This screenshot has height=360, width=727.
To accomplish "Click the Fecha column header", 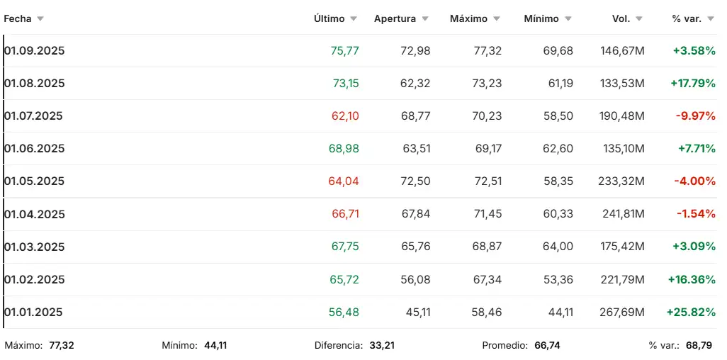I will coord(18,19).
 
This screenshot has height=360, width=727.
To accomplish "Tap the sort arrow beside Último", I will coord(354,19).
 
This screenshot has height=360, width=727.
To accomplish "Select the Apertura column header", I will coord(395,19).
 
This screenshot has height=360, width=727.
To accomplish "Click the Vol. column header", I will coord(621,19).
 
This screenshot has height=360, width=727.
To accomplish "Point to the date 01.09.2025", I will coord(35,51).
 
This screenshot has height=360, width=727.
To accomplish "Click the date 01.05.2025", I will coord(35,181).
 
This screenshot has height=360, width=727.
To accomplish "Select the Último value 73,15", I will coord(346,84).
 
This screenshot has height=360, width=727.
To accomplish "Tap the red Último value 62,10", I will coord(345,116).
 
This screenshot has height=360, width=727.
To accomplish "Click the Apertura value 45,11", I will coord(415,313).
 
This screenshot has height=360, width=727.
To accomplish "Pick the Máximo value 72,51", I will coord(487,181).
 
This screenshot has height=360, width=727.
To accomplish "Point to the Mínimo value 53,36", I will coord(558,280).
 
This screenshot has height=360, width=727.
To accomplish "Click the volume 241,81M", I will coord(621,214).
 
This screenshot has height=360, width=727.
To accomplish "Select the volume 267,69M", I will coord(621,313).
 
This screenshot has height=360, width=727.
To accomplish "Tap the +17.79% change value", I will coord(693,84).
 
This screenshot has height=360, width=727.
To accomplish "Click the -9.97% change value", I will coord(695,116).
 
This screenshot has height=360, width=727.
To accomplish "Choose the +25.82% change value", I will coord(692,313).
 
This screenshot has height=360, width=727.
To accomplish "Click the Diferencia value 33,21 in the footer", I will coord(381,346).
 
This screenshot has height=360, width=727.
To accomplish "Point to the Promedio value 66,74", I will coord(546,346).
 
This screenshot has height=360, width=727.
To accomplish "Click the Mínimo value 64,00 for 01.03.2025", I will coord(558,247).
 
